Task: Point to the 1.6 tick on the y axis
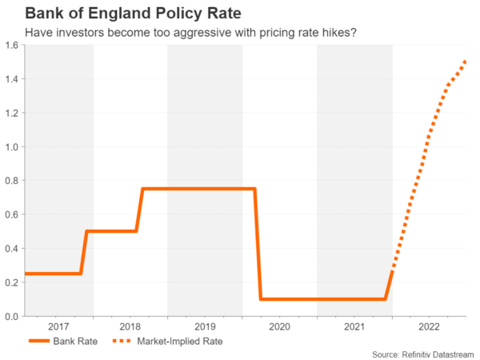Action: pos(13,46)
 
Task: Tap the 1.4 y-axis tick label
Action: pos(13,79)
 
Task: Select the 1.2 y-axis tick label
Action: pos(13,113)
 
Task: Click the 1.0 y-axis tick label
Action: pos(13,147)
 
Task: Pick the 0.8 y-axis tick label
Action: pos(13,181)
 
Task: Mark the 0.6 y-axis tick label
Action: pos(13,214)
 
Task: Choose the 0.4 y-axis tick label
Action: pos(13,249)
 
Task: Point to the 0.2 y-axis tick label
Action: pos(13,282)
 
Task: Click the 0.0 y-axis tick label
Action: pos(13,317)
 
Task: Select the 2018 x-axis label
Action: pos(130,327)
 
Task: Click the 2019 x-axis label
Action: pos(205,327)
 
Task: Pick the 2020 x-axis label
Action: pos(279,327)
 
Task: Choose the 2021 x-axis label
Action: pos(354,327)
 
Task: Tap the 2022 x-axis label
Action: pos(429,327)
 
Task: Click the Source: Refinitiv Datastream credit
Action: pos(422,354)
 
